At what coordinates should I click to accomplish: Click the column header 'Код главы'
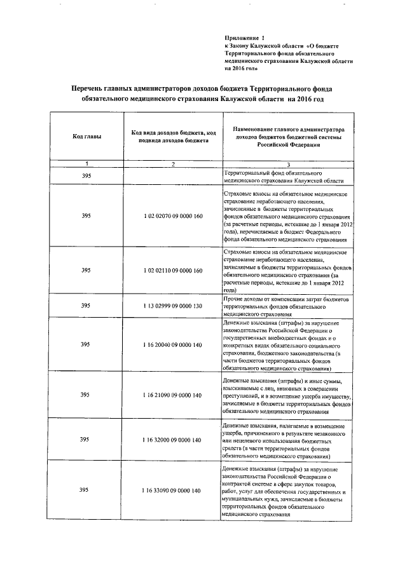(86, 137)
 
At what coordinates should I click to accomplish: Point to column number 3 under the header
(287, 165)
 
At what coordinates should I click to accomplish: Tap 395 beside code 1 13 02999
(86, 306)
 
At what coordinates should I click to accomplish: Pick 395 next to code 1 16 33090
(86, 491)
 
